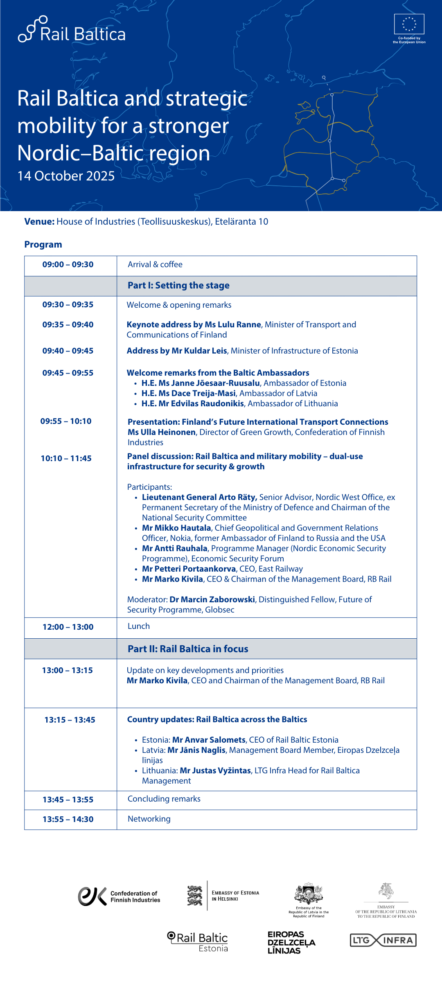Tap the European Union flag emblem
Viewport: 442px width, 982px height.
(x=409, y=24)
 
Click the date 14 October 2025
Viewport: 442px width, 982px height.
(x=66, y=176)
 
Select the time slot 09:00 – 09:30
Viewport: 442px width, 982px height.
(x=68, y=265)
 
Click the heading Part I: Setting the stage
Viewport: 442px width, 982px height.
(x=178, y=286)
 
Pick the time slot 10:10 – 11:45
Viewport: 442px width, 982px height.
(x=66, y=459)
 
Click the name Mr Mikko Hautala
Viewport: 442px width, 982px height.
(x=176, y=528)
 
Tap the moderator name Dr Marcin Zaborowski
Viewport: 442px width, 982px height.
(x=212, y=600)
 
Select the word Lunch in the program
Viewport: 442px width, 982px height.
(x=139, y=626)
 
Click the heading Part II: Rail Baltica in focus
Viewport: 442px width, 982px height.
(x=188, y=649)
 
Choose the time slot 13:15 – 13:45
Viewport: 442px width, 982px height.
(x=70, y=720)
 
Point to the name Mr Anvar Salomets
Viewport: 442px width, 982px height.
(x=209, y=740)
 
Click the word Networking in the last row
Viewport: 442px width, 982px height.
(x=149, y=819)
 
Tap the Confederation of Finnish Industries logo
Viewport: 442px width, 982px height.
(x=119, y=896)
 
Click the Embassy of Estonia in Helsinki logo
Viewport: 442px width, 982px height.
(x=223, y=896)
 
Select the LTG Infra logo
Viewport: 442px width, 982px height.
(x=383, y=940)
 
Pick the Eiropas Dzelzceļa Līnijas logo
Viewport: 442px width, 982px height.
(x=291, y=943)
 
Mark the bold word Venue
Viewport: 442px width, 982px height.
(x=39, y=222)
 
